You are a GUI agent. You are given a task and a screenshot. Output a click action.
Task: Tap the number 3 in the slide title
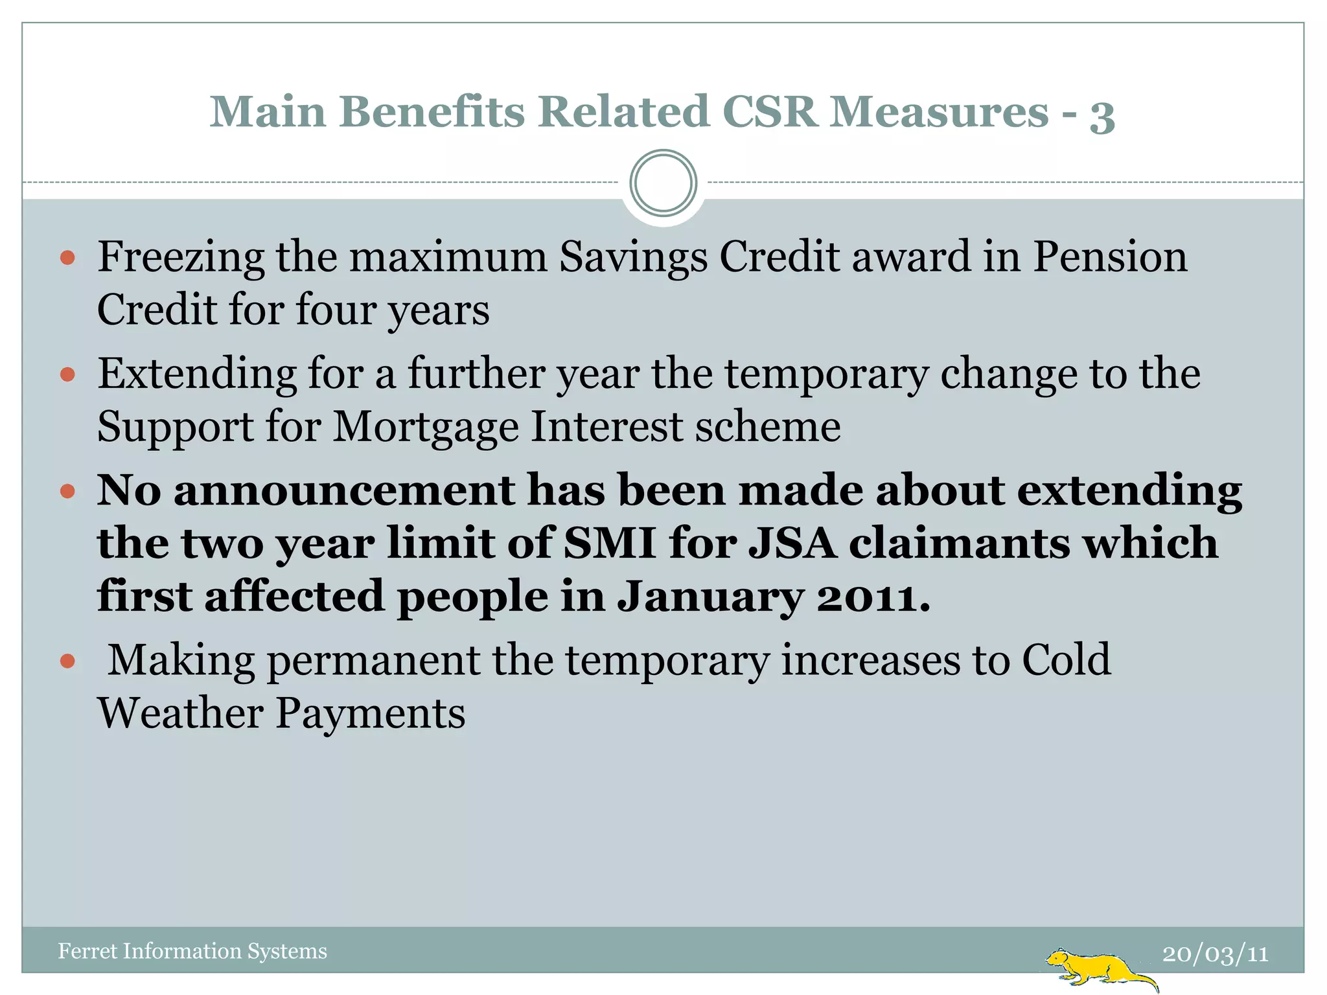(x=1102, y=115)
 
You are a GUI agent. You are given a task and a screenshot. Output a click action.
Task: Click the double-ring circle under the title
(x=663, y=183)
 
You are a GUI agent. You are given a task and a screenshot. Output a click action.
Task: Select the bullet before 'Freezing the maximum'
(x=67, y=258)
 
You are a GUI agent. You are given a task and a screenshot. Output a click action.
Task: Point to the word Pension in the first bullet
(x=1109, y=256)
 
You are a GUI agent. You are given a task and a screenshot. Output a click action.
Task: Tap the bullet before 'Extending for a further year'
(x=67, y=375)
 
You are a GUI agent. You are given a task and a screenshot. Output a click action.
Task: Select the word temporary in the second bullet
(x=826, y=374)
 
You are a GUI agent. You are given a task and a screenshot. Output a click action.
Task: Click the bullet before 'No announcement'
(x=67, y=491)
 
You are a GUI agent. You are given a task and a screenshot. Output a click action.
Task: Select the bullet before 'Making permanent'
(x=67, y=661)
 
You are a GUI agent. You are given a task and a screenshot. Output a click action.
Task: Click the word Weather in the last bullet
(x=180, y=713)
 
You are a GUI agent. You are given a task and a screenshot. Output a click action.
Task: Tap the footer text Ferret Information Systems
(x=192, y=951)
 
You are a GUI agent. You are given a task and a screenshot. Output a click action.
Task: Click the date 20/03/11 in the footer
(x=1215, y=954)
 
